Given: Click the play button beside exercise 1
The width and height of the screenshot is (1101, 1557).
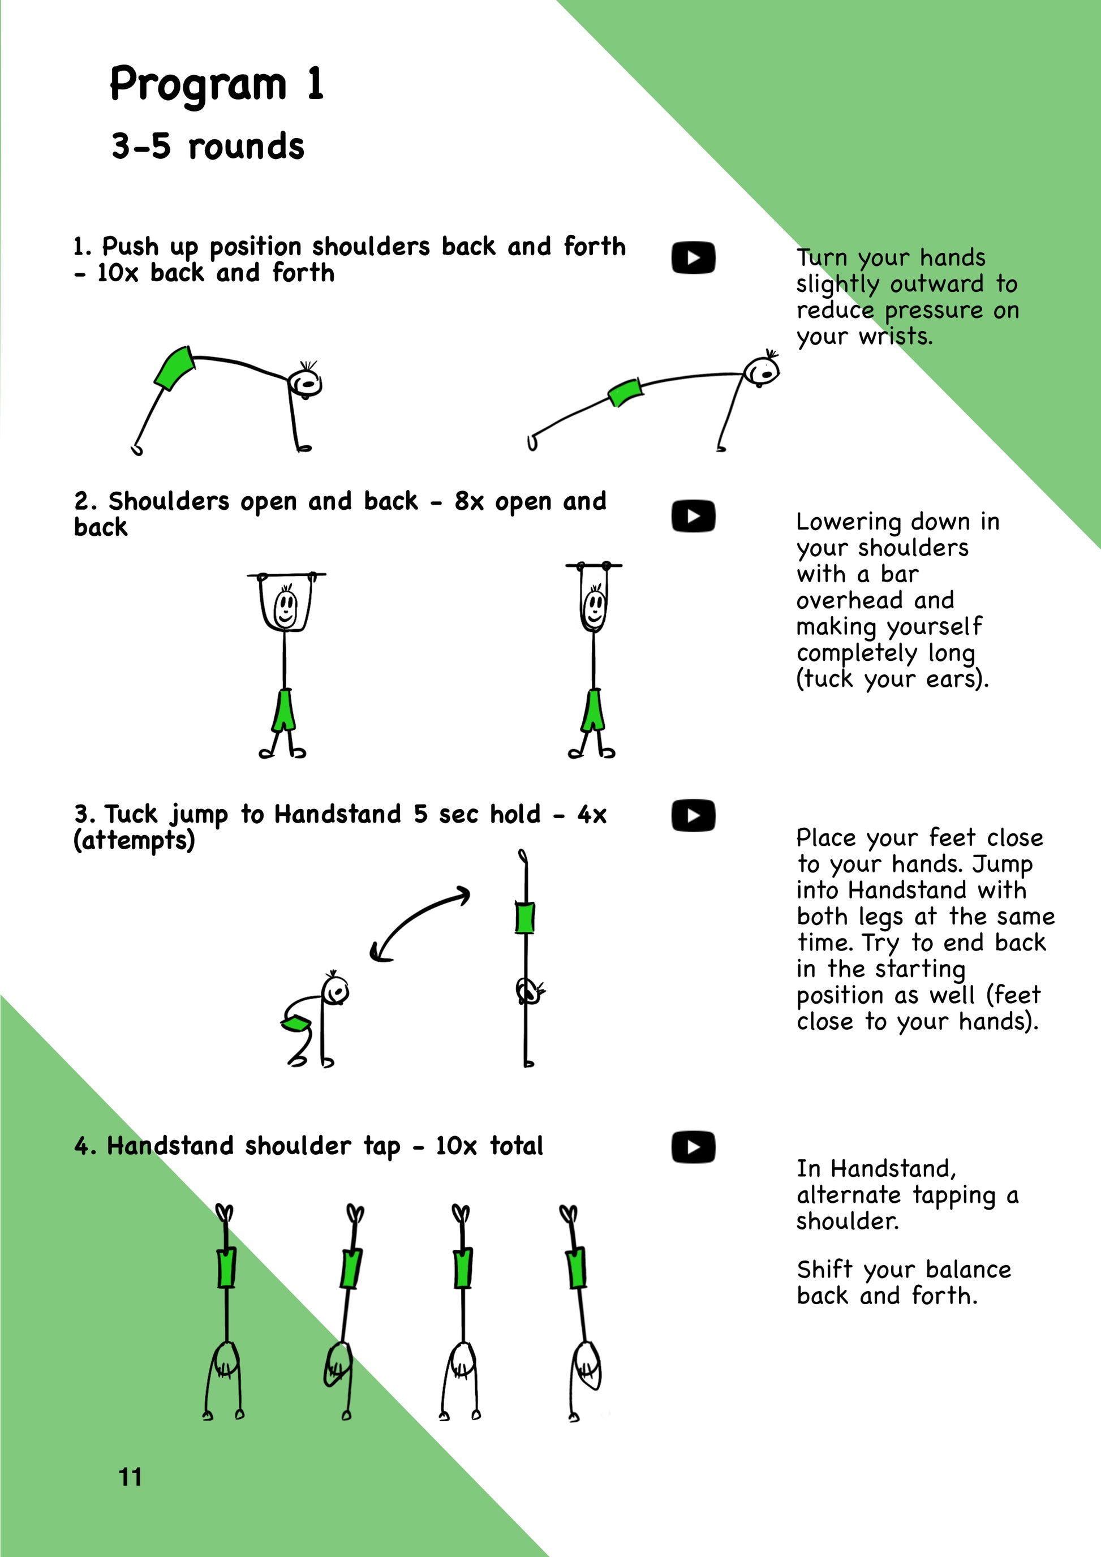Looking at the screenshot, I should tap(693, 257).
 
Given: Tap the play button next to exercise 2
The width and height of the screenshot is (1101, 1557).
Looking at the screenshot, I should tap(693, 516).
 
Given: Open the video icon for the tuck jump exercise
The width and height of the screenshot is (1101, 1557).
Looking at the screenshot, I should tap(693, 815).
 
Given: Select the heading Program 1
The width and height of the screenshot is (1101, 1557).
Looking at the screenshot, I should tap(217, 85).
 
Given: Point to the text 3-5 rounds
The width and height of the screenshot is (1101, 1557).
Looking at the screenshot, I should tap(208, 147).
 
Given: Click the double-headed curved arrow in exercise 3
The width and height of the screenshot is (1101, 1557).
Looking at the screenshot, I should tap(420, 924).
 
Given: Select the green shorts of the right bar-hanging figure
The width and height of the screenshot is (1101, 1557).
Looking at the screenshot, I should tap(594, 710).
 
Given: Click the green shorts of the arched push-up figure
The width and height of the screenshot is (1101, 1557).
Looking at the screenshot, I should tap(175, 368).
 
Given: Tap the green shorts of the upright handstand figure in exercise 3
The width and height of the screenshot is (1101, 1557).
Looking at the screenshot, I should tap(524, 918).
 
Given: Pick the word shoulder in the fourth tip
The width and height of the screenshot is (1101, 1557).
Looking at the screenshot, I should tap(848, 1221).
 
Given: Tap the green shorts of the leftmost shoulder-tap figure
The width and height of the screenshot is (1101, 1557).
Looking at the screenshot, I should tap(226, 1268).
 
